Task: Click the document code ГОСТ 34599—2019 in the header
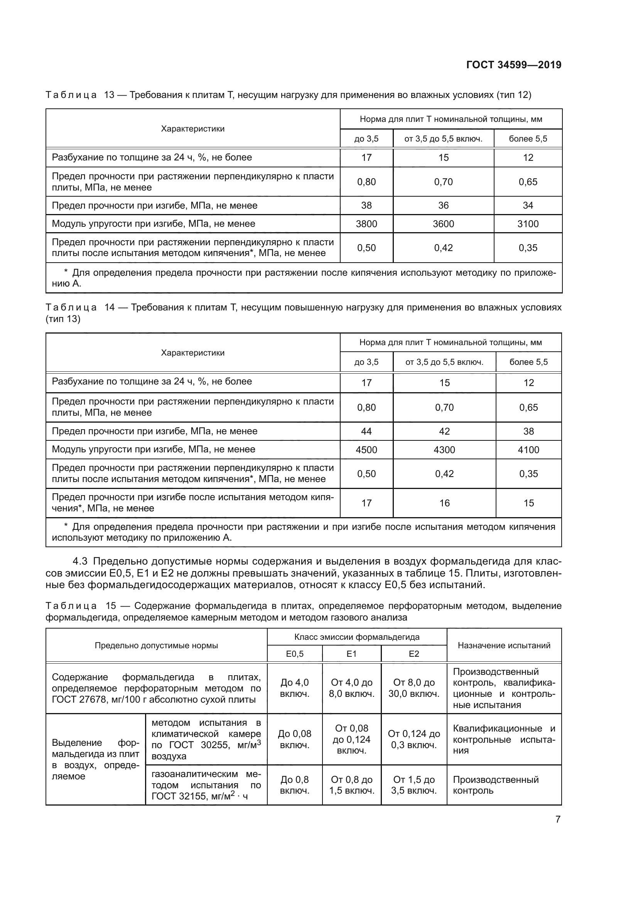pyautogui.click(x=513, y=65)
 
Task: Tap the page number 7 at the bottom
pyautogui.click(x=558, y=819)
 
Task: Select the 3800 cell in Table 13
pyautogui.click(x=366, y=224)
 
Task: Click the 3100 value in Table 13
pyautogui.click(x=528, y=224)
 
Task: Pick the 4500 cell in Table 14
pyautogui.click(x=366, y=450)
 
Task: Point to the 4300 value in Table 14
pyautogui.click(x=444, y=450)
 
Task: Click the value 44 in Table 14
pyautogui.click(x=366, y=432)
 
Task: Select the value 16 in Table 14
pyautogui.click(x=444, y=503)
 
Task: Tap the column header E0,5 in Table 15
pyautogui.click(x=295, y=654)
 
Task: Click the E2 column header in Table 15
pyautogui.click(x=414, y=654)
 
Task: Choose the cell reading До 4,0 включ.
pyautogui.click(x=295, y=688)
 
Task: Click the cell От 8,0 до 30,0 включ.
pyautogui.click(x=414, y=688)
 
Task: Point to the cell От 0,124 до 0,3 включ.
pyautogui.click(x=414, y=739)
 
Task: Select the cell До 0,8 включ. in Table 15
pyautogui.click(x=295, y=785)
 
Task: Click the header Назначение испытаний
pyautogui.click(x=504, y=646)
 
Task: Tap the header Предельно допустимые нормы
pyautogui.click(x=156, y=646)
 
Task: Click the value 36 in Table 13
pyautogui.click(x=443, y=206)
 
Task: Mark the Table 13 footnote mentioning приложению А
pyautogui.click(x=304, y=278)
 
